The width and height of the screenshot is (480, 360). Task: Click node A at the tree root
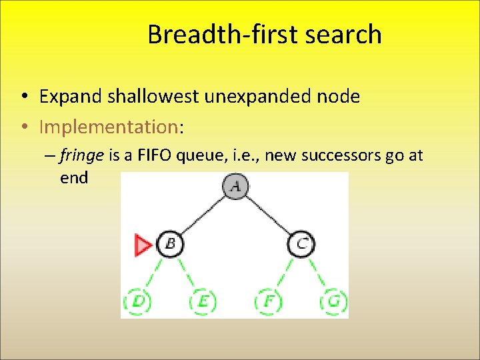(235, 187)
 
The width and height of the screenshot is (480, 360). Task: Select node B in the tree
(169, 244)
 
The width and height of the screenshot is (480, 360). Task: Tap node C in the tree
(301, 244)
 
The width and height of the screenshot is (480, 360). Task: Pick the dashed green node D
(137, 301)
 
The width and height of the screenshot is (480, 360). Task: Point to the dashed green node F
(268, 301)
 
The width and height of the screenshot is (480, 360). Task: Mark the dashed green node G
(333, 301)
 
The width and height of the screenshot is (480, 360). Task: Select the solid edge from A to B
(202, 215)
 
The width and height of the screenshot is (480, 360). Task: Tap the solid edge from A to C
(268, 215)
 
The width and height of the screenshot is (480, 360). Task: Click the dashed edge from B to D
(153, 273)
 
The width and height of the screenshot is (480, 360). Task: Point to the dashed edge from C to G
(317, 273)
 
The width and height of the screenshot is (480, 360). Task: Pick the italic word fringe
(81, 156)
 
